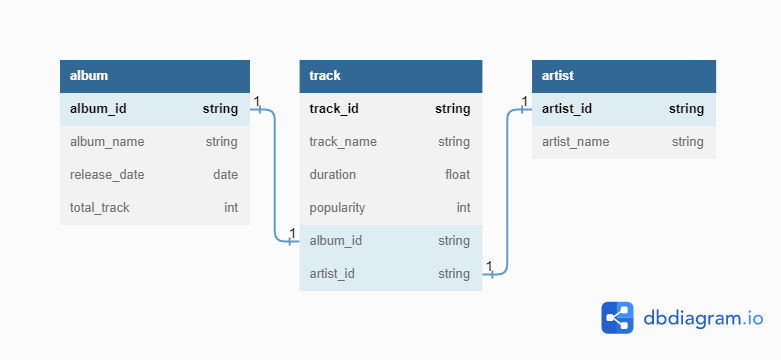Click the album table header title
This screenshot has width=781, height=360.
click(x=89, y=76)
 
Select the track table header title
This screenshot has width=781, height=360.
click(x=325, y=76)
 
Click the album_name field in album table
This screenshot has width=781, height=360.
click(x=107, y=142)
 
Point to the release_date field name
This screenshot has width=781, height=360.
click(x=107, y=175)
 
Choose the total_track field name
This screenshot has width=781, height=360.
click(x=100, y=208)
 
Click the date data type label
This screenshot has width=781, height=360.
click(x=226, y=175)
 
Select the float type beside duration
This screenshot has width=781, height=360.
click(x=458, y=175)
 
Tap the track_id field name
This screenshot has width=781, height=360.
click(x=334, y=109)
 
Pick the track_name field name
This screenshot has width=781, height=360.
click(x=343, y=142)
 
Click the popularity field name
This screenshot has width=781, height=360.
click(x=337, y=208)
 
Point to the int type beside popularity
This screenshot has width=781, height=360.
click(x=464, y=208)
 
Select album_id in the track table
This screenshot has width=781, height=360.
click(x=336, y=241)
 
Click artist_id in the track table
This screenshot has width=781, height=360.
click(x=332, y=274)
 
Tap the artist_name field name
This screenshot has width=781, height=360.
click(x=576, y=142)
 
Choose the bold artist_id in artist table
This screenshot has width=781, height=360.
click(x=567, y=109)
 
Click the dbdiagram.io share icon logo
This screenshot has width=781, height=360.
click(x=618, y=318)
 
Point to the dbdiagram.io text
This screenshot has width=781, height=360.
click(x=703, y=318)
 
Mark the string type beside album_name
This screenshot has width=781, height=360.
click(x=222, y=142)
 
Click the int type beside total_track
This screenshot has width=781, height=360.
click(x=231, y=208)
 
